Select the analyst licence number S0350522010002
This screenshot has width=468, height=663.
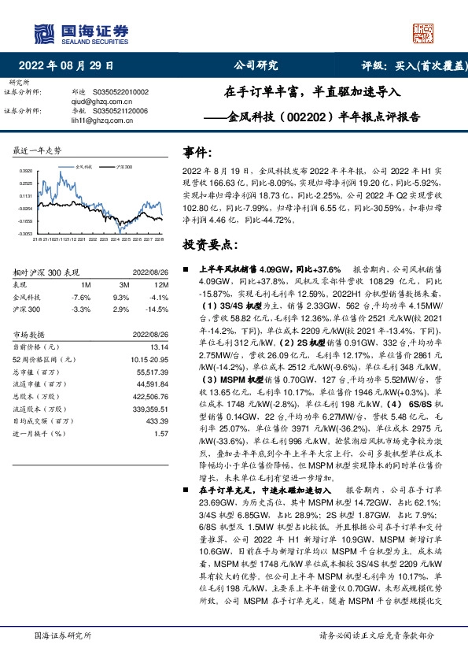coord(121,91)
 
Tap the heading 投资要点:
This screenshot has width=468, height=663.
coord(208,244)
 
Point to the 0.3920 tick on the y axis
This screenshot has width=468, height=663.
coord(25,171)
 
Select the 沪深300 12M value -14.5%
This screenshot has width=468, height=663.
coord(159,309)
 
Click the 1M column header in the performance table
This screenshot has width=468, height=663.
coord(86,283)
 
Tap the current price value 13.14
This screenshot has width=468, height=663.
coord(160,346)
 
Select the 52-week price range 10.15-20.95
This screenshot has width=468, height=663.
coord(149,358)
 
